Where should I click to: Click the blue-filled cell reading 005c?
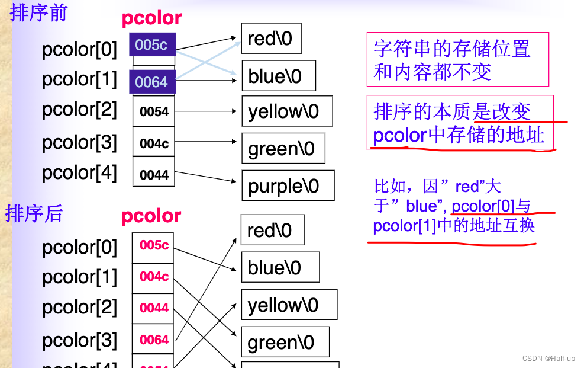click(x=152, y=44)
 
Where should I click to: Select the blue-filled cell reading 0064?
click(x=152, y=82)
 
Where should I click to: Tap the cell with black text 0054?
click(x=154, y=111)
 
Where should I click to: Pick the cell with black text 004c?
click(x=154, y=142)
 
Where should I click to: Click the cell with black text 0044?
click(x=154, y=174)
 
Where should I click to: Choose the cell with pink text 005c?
click(x=154, y=245)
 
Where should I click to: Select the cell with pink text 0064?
click(x=154, y=340)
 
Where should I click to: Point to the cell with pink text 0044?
click(x=154, y=308)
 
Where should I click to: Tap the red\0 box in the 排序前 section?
click(x=271, y=39)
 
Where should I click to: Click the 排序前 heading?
click(x=38, y=13)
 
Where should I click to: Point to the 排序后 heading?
click(x=34, y=213)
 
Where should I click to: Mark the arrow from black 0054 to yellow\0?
click(x=207, y=111)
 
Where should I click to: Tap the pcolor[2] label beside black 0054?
click(x=80, y=110)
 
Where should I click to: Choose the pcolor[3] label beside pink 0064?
click(x=80, y=340)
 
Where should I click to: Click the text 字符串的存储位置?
click(x=452, y=49)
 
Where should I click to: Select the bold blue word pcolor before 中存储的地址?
click(x=399, y=136)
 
